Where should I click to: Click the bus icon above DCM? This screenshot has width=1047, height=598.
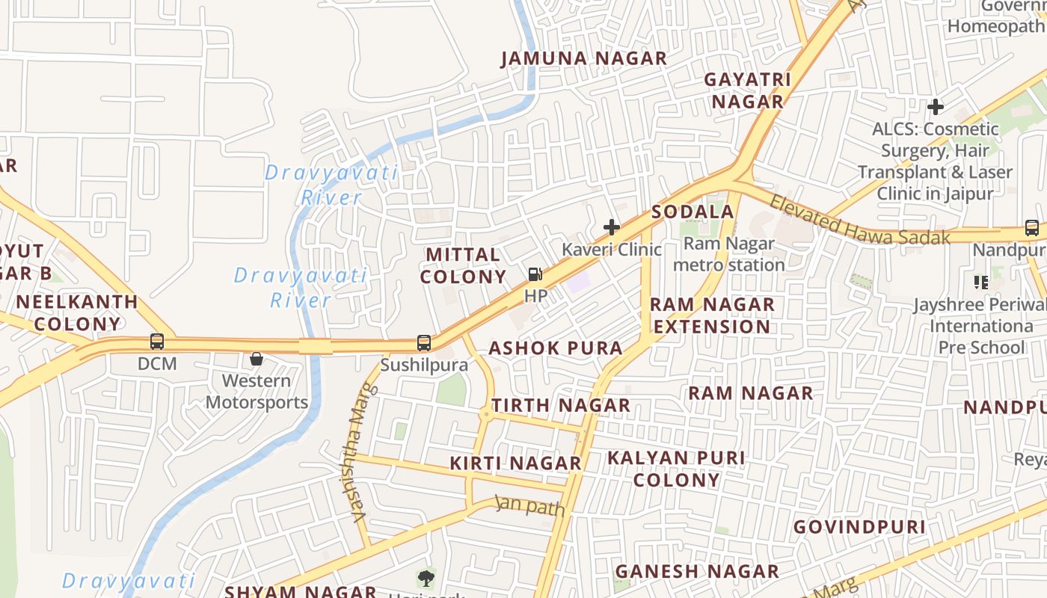pyautogui.click(x=157, y=342)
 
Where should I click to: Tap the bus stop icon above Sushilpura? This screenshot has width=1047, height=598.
pyautogui.click(x=424, y=343)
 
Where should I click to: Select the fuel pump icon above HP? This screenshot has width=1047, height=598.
pyautogui.click(x=535, y=274)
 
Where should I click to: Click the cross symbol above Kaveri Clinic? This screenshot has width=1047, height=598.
pyautogui.click(x=612, y=227)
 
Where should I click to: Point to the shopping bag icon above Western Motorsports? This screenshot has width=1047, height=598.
pyautogui.click(x=257, y=359)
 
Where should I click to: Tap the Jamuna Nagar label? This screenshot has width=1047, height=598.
pyautogui.click(x=583, y=58)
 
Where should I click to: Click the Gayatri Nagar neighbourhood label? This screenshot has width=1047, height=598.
pyautogui.click(x=747, y=90)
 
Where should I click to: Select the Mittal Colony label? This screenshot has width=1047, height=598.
pyautogui.click(x=464, y=265)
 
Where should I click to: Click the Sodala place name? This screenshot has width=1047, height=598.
pyautogui.click(x=693, y=212)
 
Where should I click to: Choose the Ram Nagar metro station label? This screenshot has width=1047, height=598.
pyautogui.click(x=728, y=254)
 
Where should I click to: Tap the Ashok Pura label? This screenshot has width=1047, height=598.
pyautogui.click(x=556, y=348)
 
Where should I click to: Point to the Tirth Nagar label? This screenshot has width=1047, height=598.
pyautogui.click(x=561, y=406)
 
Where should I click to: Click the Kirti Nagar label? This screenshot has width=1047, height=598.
pyautogui.click(x=516, y=463)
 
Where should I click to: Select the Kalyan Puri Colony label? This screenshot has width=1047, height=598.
pyautogui.click(x=676, y=469)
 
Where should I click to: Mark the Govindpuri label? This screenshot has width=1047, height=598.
pyautogui.click(x=859, y=527)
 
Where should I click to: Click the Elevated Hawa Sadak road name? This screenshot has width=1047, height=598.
pyautogui.click(x=859, y=222)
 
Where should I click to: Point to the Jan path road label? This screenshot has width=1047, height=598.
pyautogui.click(x=529, y=506)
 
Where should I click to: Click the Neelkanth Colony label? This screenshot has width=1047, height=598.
pyautogui.click(x=77, y=313)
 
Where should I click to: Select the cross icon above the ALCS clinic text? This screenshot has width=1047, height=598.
pyautogui.click(x=935, y=107)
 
